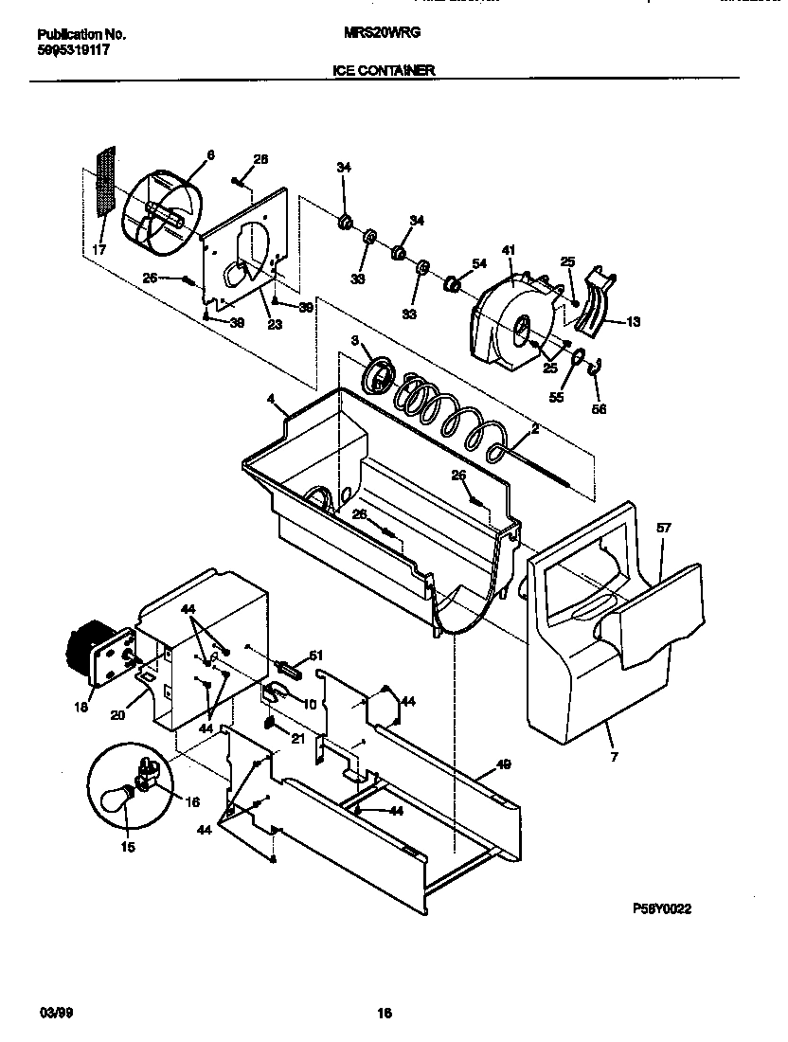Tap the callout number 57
pyautogui.click(x=663, y=528)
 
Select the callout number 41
pyautogui.click(x=509, y=250)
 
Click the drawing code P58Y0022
pyautogui.click(x=662, y=908)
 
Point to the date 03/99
pyautogui.click(x=56, y=1013)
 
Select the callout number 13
pyautogui.click(x=633, y=322)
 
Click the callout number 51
pyautogui.click(x=316, y=655)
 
